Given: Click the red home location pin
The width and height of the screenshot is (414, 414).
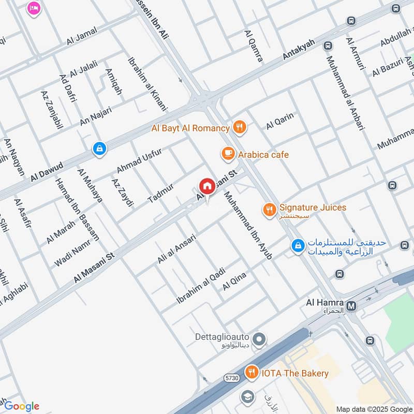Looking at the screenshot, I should pos(206,186).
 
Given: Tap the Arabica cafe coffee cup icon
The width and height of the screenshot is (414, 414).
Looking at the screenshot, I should pos(227,154).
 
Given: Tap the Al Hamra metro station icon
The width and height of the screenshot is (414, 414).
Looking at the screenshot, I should pos(352,306).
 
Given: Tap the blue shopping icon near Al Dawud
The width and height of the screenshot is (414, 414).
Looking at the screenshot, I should pos(98,149).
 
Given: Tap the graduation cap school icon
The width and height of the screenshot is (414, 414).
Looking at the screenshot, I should pos(247,396).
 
